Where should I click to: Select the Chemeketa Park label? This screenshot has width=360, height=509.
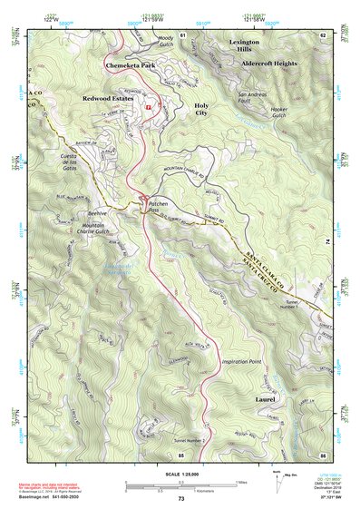tap(131, 66)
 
